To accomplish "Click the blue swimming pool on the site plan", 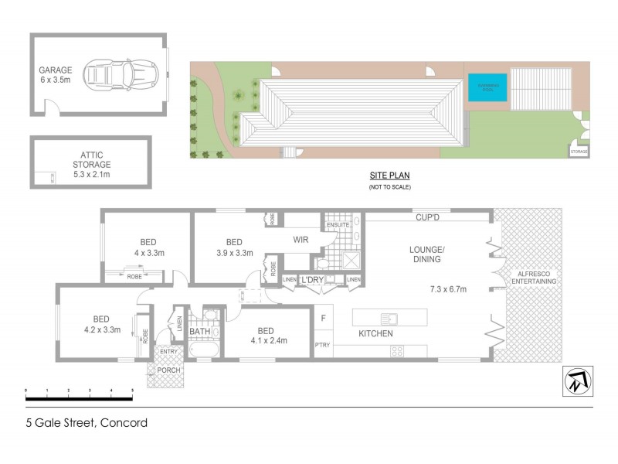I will (486, 87).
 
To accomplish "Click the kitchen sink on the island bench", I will (389, 317).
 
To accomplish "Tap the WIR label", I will (301, 240).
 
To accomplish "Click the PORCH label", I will (168, 369).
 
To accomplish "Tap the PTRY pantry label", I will (323, 345).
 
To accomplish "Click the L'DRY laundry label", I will (313, 279).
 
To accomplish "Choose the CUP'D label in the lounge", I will (427, 220).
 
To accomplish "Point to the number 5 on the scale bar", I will (132, 390).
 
